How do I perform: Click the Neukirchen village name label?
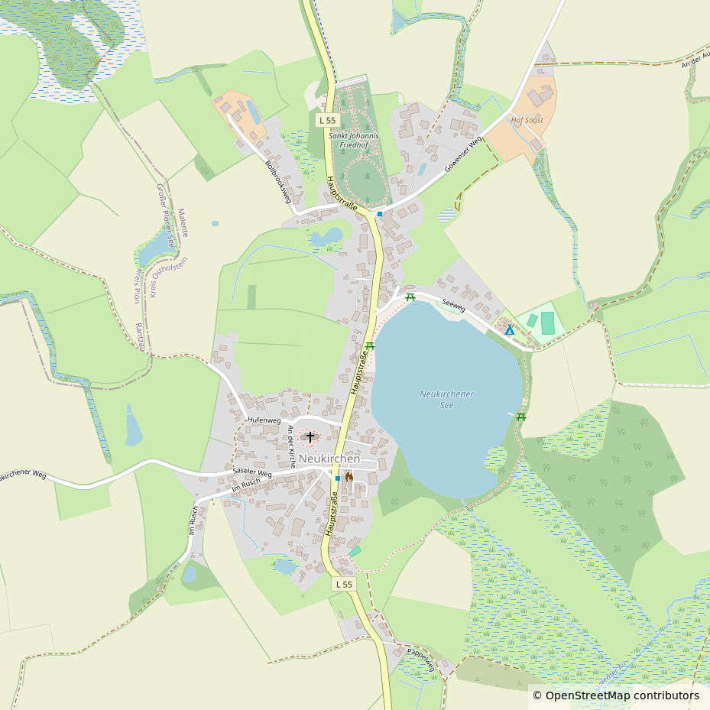click(329, 459)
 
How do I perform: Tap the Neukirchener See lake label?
click(446, 400)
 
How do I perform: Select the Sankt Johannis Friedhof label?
click(354, 140)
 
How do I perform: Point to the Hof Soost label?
click(527, 121)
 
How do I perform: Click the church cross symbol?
click(310, 437)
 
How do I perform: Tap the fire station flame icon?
click(349, 477)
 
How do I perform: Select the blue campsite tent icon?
click(510, 330)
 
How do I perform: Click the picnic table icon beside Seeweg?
click(410, 297)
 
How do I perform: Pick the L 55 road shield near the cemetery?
click(326, 120)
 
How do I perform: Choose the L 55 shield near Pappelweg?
click(345, 584)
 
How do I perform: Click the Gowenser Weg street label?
click(464, 155)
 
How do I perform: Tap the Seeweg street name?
click(454, 304)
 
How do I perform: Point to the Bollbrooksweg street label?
click(279, 181)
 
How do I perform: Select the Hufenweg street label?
click(264, 421)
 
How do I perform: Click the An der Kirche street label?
click(291, 446)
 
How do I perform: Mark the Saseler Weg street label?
click(252, 473)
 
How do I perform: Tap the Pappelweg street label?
click(421, 660)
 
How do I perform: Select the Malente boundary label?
click(183, 222)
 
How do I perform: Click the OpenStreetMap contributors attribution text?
click(615, 695)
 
